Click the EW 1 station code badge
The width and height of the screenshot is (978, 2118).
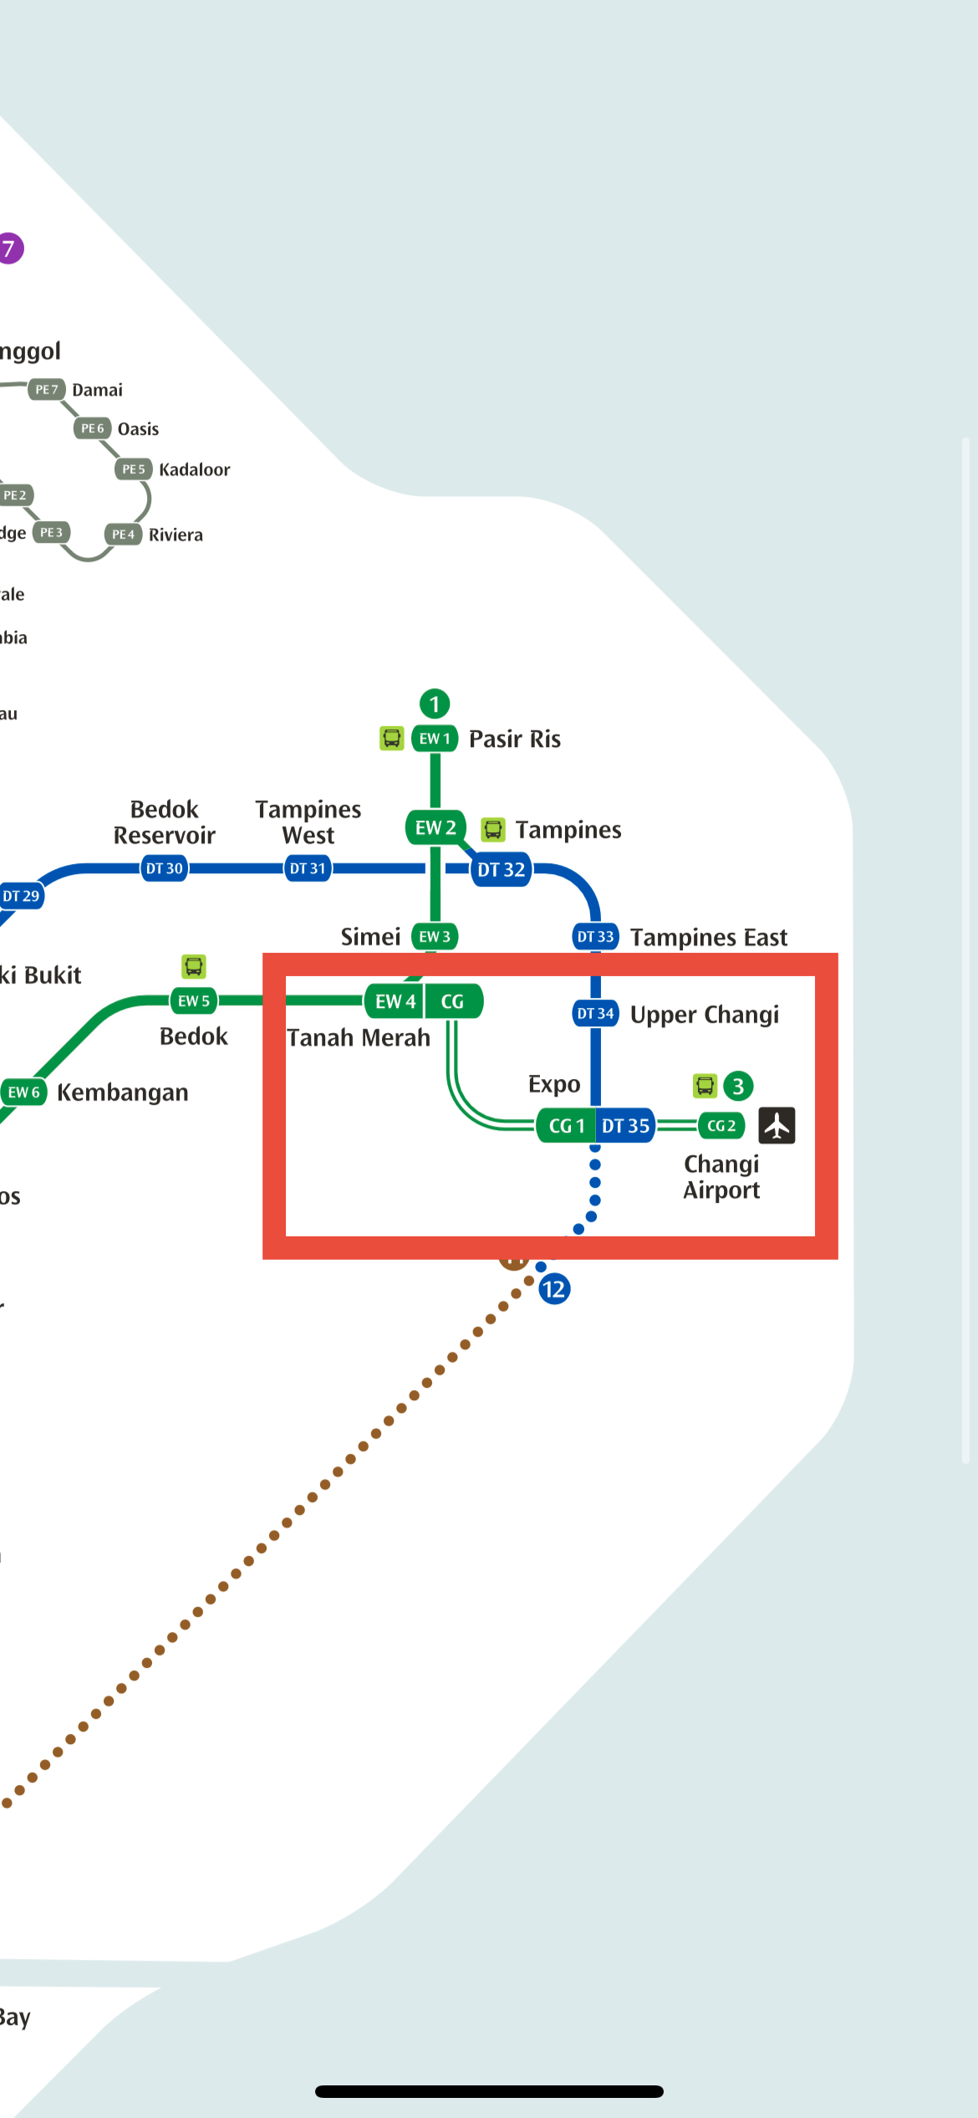coord(435,739)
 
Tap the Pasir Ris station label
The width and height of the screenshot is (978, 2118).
coord(514,739)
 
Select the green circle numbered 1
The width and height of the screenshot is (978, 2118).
coord(435,704)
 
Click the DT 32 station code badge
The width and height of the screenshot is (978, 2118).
coord(501,870)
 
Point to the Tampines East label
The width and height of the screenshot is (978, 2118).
coord(708,938)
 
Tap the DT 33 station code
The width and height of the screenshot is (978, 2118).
coord(595,937)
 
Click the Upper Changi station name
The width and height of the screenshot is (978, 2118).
coord(704,1015)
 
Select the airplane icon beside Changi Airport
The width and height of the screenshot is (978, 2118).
coord(777,1125)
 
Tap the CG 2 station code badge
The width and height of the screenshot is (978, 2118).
coord(721,1126)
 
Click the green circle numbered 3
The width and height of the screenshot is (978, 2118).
coord(738,1087)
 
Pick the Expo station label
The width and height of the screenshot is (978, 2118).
coord(553,1085)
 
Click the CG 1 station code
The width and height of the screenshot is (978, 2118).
coord(566,1126)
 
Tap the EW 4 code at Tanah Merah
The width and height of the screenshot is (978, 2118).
coord(395,1001)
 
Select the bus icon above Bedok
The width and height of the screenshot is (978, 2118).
coord(194,967)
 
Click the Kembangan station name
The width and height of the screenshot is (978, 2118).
coord(122,1092)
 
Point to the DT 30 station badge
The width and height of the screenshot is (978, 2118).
coord(164,868)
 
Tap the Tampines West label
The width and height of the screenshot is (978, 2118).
coord(308,822)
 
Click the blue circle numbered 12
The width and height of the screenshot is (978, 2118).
coord(553,1289)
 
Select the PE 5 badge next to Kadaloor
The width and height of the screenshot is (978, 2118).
coord(134,469)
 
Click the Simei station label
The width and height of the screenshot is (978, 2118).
coord(370,937)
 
